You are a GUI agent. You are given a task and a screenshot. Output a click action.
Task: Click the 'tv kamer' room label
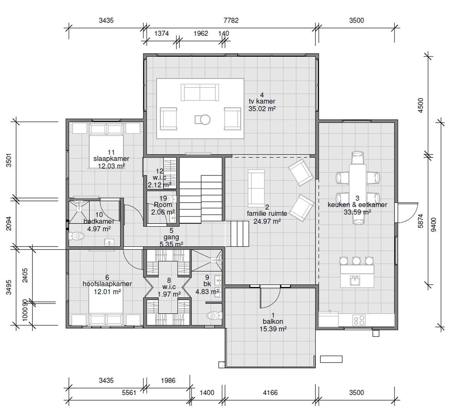(x=262, y=102)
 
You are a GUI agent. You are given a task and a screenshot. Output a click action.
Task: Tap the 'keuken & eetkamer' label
(x=357, y=205)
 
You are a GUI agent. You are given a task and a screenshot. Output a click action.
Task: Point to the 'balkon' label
(x=273, y=322)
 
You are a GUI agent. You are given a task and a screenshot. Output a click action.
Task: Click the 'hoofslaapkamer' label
(x=107, y=284)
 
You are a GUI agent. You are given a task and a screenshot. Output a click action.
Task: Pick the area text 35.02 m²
(x=262, y=108)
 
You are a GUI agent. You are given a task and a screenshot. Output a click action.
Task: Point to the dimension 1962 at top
(x=200, y=33)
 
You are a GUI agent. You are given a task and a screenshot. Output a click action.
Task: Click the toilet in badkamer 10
(x=76, y=236)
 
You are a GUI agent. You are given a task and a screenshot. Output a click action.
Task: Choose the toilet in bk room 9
(x=214, y=315)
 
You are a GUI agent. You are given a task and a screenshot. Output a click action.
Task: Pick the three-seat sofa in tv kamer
(x=198, y=93)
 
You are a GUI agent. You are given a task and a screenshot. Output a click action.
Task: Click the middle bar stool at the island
(x=356, y=261)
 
